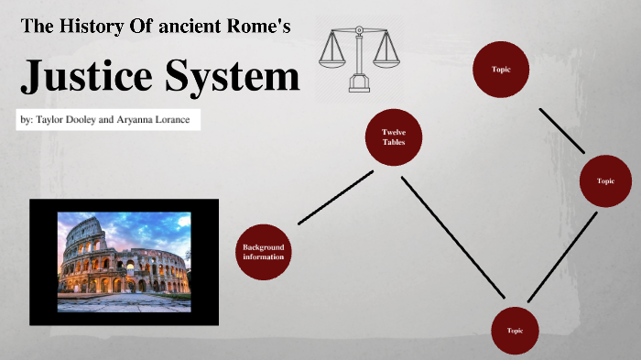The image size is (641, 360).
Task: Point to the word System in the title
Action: (233, 78)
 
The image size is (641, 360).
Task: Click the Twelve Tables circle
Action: (394, 137)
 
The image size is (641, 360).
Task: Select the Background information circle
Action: (263, 252)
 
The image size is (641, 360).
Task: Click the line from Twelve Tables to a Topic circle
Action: (452, 235)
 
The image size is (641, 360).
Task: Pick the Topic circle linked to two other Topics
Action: (605, 181)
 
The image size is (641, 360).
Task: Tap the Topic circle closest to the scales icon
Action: (500, 69)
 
